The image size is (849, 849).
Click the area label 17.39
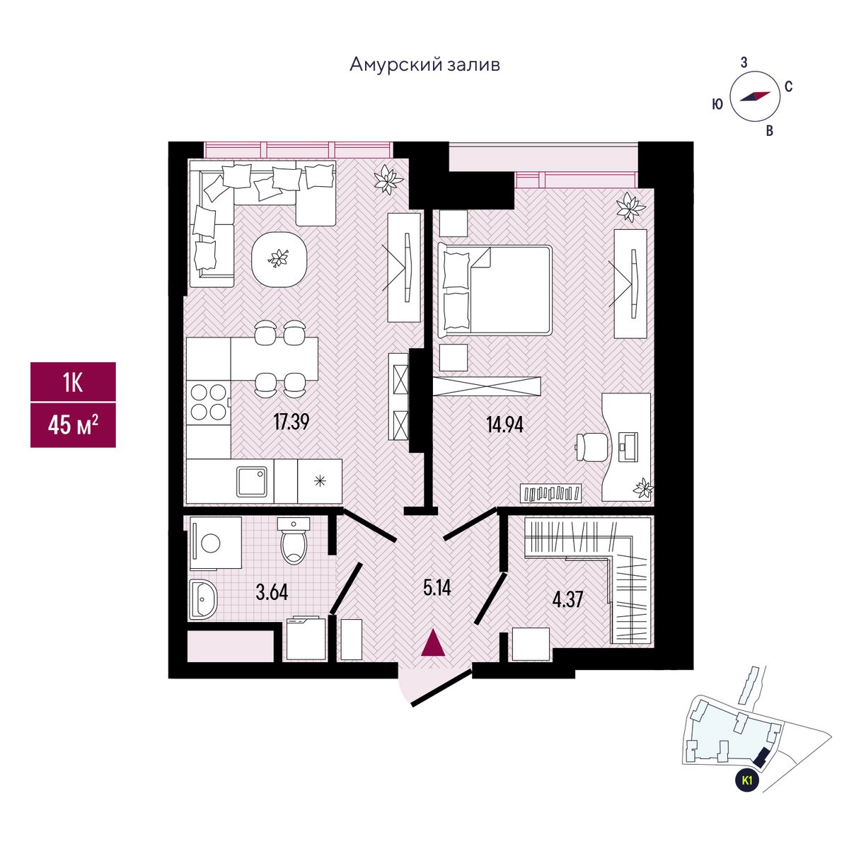(291, 422)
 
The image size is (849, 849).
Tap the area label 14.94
(505, 424)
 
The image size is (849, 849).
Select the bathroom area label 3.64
(272, 593)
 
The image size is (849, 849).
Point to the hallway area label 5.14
(437, 588)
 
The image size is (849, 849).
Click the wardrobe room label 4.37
(568, 599)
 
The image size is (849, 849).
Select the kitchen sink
(253, 482)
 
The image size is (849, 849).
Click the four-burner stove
(209, 403)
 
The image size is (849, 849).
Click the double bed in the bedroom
(495, 290)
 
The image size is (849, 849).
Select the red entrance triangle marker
(433, 643)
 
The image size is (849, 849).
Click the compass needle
(755, 96)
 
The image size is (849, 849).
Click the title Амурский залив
(424, 65)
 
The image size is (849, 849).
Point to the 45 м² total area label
(73, 424)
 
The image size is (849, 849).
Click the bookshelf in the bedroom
(550, 492)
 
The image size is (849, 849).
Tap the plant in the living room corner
(388, 179)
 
